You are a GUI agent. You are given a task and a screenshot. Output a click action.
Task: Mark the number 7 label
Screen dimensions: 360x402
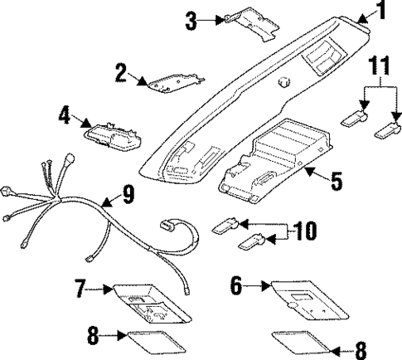(x=80, y=289)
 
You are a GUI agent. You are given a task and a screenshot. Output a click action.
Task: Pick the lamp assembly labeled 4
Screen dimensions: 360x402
(x=113, y=134)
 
